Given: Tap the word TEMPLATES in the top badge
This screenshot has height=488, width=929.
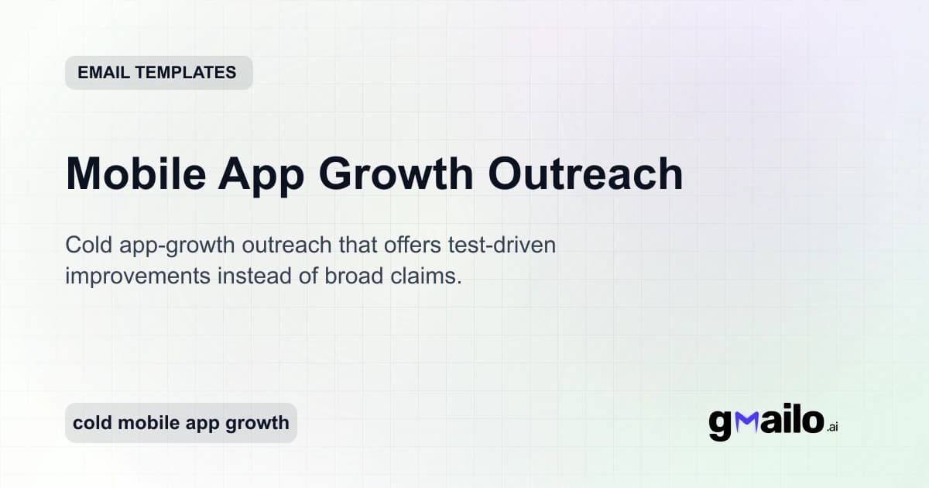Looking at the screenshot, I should (187, 73).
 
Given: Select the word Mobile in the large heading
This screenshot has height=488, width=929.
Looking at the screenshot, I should (135, 174).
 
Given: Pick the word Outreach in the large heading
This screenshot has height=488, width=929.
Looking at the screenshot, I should (585, 174).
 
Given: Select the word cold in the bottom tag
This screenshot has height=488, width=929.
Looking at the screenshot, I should (88, 423).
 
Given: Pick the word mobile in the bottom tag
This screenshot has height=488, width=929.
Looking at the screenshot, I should (142, 423).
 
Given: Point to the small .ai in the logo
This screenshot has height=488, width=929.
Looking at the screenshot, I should (832, 427).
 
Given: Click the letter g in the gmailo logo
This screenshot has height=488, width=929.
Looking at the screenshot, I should (720, 424).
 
